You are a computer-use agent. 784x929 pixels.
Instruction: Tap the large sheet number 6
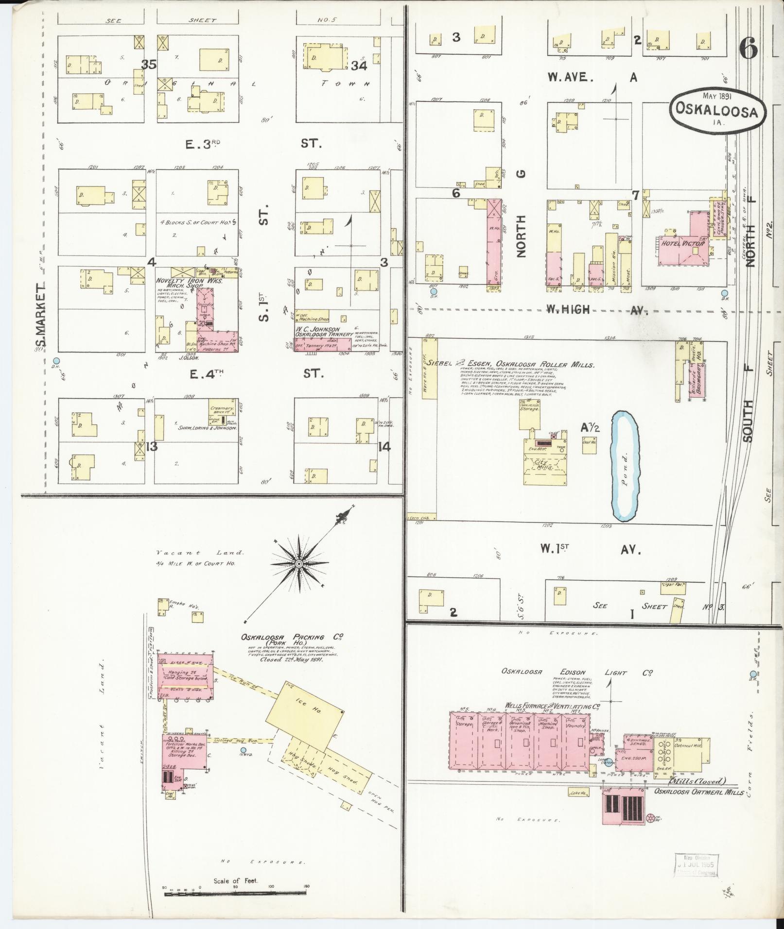[x=749, y=49]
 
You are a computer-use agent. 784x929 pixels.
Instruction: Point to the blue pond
[x=625, y=465]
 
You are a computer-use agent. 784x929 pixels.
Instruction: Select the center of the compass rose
[x=299, y=563]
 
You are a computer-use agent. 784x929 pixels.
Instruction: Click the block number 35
[x=149, y=64]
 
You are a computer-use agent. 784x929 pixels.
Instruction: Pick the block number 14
[x=384, y=446]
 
